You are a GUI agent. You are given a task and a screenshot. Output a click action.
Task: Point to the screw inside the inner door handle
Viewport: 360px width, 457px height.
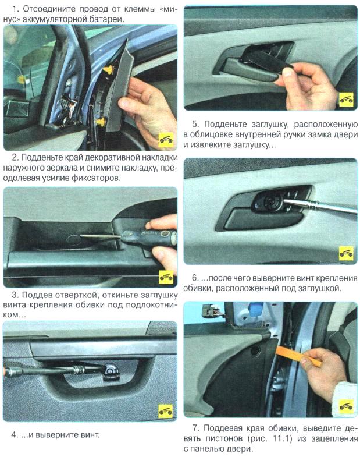pyautogui.click(x=271, y=201)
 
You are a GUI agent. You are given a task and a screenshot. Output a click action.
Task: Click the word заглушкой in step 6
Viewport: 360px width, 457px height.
pyautogui.click(x=308, y=288)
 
